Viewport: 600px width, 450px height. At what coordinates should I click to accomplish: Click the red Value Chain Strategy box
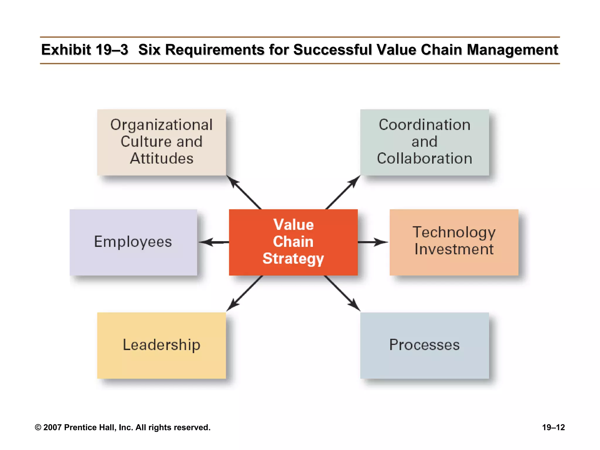point(293,242)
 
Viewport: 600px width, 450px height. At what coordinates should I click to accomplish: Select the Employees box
point(133,242)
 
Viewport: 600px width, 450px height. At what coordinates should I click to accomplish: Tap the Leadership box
point(161,345)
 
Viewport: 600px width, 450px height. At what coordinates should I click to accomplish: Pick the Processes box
point(424,345)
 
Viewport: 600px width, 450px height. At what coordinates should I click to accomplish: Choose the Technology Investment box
point(454,242)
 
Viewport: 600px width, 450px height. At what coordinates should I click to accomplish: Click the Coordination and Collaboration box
point(424,142)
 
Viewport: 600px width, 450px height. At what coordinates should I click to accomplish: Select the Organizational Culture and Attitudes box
point(161,142)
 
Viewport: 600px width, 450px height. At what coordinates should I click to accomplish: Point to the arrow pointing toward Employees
point(213,242)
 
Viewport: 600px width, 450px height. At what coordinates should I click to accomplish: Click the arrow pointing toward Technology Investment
point(373,242)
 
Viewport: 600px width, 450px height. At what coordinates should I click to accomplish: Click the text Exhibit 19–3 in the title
point(84,50)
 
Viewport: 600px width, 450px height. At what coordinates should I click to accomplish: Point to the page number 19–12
point(553,427)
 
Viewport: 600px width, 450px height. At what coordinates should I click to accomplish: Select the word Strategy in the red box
point(293,259)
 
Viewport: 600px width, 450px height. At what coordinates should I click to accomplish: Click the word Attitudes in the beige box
point(161,158)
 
